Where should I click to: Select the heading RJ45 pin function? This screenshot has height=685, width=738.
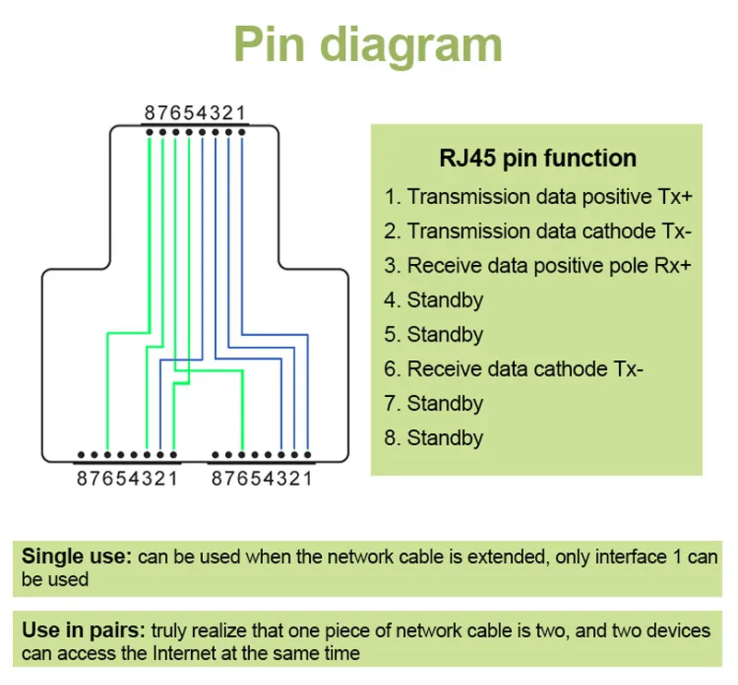point(537,158)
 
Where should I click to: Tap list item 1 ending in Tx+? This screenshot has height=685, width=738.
point(539,197)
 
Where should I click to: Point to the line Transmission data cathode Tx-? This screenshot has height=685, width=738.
point(539,231)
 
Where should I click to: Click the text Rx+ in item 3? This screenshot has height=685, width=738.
point(671,266)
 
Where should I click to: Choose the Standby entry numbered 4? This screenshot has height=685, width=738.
point(434,300)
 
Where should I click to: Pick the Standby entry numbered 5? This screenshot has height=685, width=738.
point(434,334)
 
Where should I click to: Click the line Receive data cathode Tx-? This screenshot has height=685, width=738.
point(514,369)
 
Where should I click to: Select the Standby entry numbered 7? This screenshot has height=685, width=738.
point(434,403)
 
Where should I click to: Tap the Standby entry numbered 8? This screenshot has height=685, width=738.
point(434,438)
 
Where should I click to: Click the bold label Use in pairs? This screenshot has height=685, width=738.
point(84,631)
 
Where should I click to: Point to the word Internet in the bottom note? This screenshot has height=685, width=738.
point(170,654)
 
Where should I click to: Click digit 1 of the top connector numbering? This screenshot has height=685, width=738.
point(242,114)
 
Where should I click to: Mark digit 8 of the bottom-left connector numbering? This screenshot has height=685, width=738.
point(82,478)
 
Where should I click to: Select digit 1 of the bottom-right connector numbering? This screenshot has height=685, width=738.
point(307,478)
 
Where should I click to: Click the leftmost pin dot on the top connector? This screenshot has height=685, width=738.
point(149,133)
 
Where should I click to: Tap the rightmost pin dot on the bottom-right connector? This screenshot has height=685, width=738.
point(307,455)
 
